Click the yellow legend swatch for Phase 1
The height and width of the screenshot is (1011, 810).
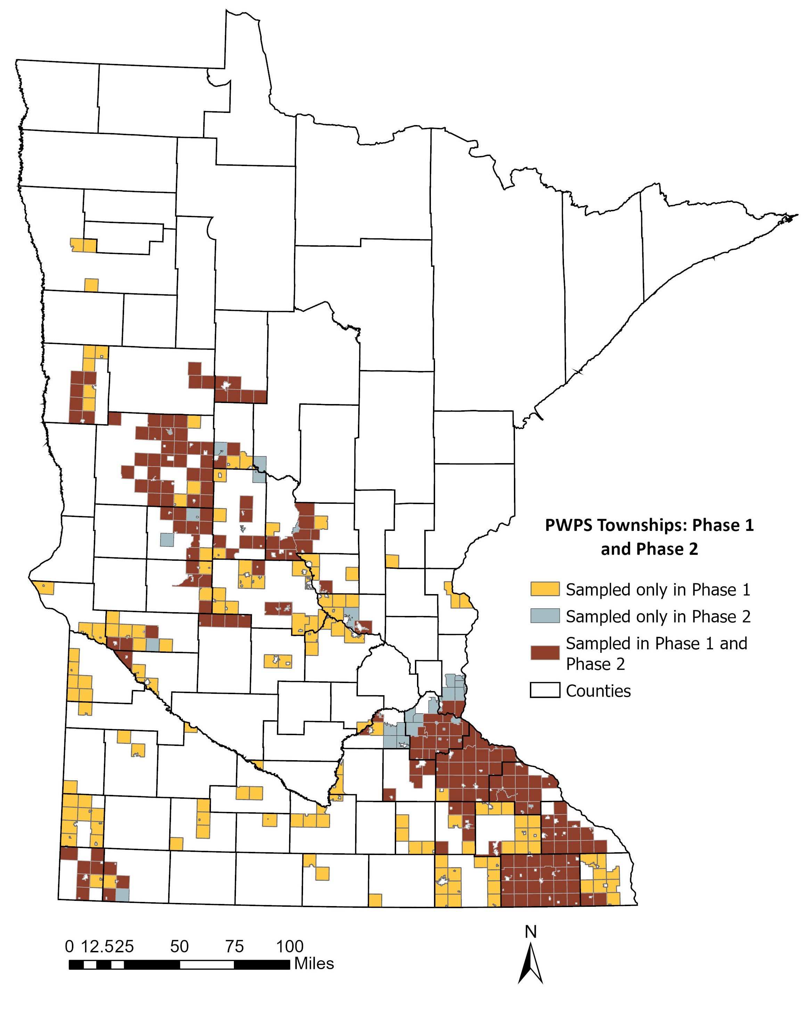click(545, 589)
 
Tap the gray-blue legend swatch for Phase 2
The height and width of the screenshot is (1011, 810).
click(545, 616)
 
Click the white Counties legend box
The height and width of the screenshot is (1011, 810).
click(545, 690)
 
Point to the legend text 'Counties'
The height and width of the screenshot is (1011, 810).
click(598, 691)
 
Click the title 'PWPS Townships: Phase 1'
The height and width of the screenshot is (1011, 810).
click(649, 525)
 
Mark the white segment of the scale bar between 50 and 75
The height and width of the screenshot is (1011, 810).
click(207, 964)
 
